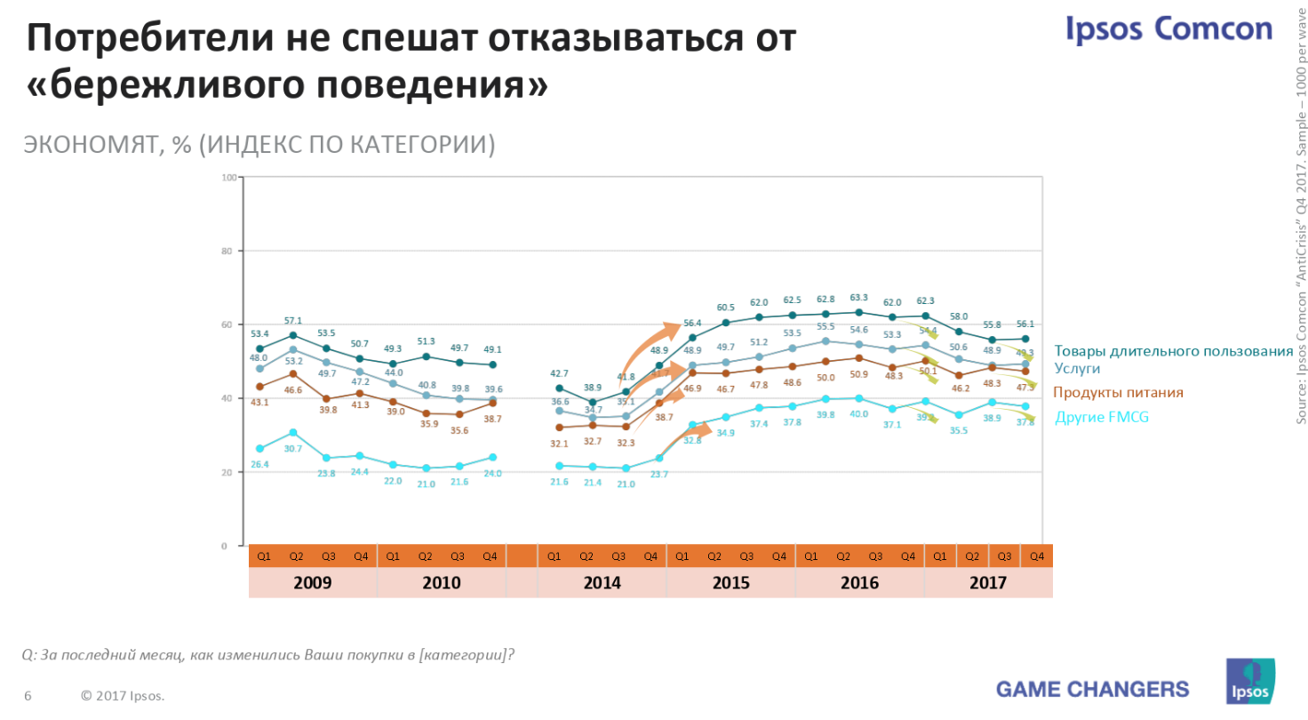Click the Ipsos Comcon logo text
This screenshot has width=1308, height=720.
pos(1169,28)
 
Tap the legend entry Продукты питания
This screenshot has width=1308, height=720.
pos(1118,392)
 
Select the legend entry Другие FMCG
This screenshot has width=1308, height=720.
pos(1101,416)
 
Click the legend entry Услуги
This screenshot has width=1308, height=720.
pos(1077,367)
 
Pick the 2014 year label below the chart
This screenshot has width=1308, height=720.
pos(602,583)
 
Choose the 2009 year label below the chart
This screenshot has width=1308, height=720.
pos(312,583)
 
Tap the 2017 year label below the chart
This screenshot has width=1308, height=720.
pos(988,583)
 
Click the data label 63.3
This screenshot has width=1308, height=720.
pos(858,298)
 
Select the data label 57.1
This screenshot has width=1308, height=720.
pos(293,321)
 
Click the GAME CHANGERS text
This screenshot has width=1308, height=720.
pos(1092,689)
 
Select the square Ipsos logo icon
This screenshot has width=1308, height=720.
pos(1250,682)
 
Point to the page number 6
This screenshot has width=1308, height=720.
pos(28,695)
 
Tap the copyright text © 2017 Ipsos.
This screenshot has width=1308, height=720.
pos(123,695)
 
